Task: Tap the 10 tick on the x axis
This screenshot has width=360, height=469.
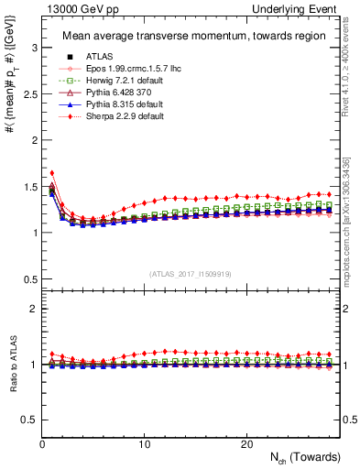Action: pos(144,444)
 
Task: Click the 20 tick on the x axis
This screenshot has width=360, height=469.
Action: pos(246,444)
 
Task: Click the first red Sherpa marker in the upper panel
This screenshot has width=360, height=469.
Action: pos(52,172)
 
